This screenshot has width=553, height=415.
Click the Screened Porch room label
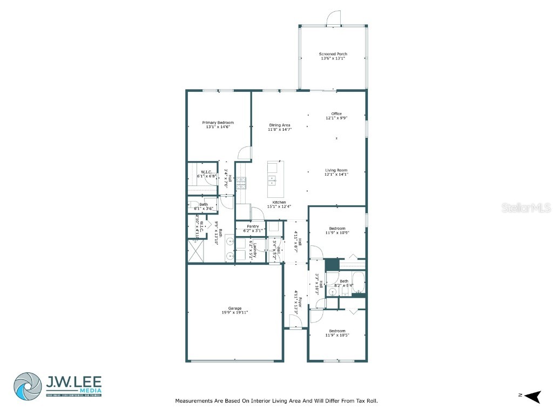(x=333, y=54)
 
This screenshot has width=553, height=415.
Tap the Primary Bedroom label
(x=218, y=123)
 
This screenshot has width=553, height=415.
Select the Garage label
(x=235, y=309)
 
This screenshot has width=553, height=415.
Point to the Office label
(x=336, y=113)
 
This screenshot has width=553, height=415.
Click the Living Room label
(x=336, y=170)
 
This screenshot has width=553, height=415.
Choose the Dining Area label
(x=280, y=125)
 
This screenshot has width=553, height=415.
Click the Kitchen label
(x=279, y=202)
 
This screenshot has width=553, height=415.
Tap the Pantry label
(x=252, y=226)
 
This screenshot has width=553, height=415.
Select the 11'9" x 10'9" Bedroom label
(x=337, y=229)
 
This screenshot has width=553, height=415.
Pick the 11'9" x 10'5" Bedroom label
(x=337, y=331)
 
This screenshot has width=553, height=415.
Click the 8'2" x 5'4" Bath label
(x=344, y=281)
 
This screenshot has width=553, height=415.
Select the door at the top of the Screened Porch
(x=334, y=19)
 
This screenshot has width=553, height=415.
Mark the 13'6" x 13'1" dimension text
(x=333, y=58)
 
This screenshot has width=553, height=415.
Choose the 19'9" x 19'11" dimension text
(x=235, y=312)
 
